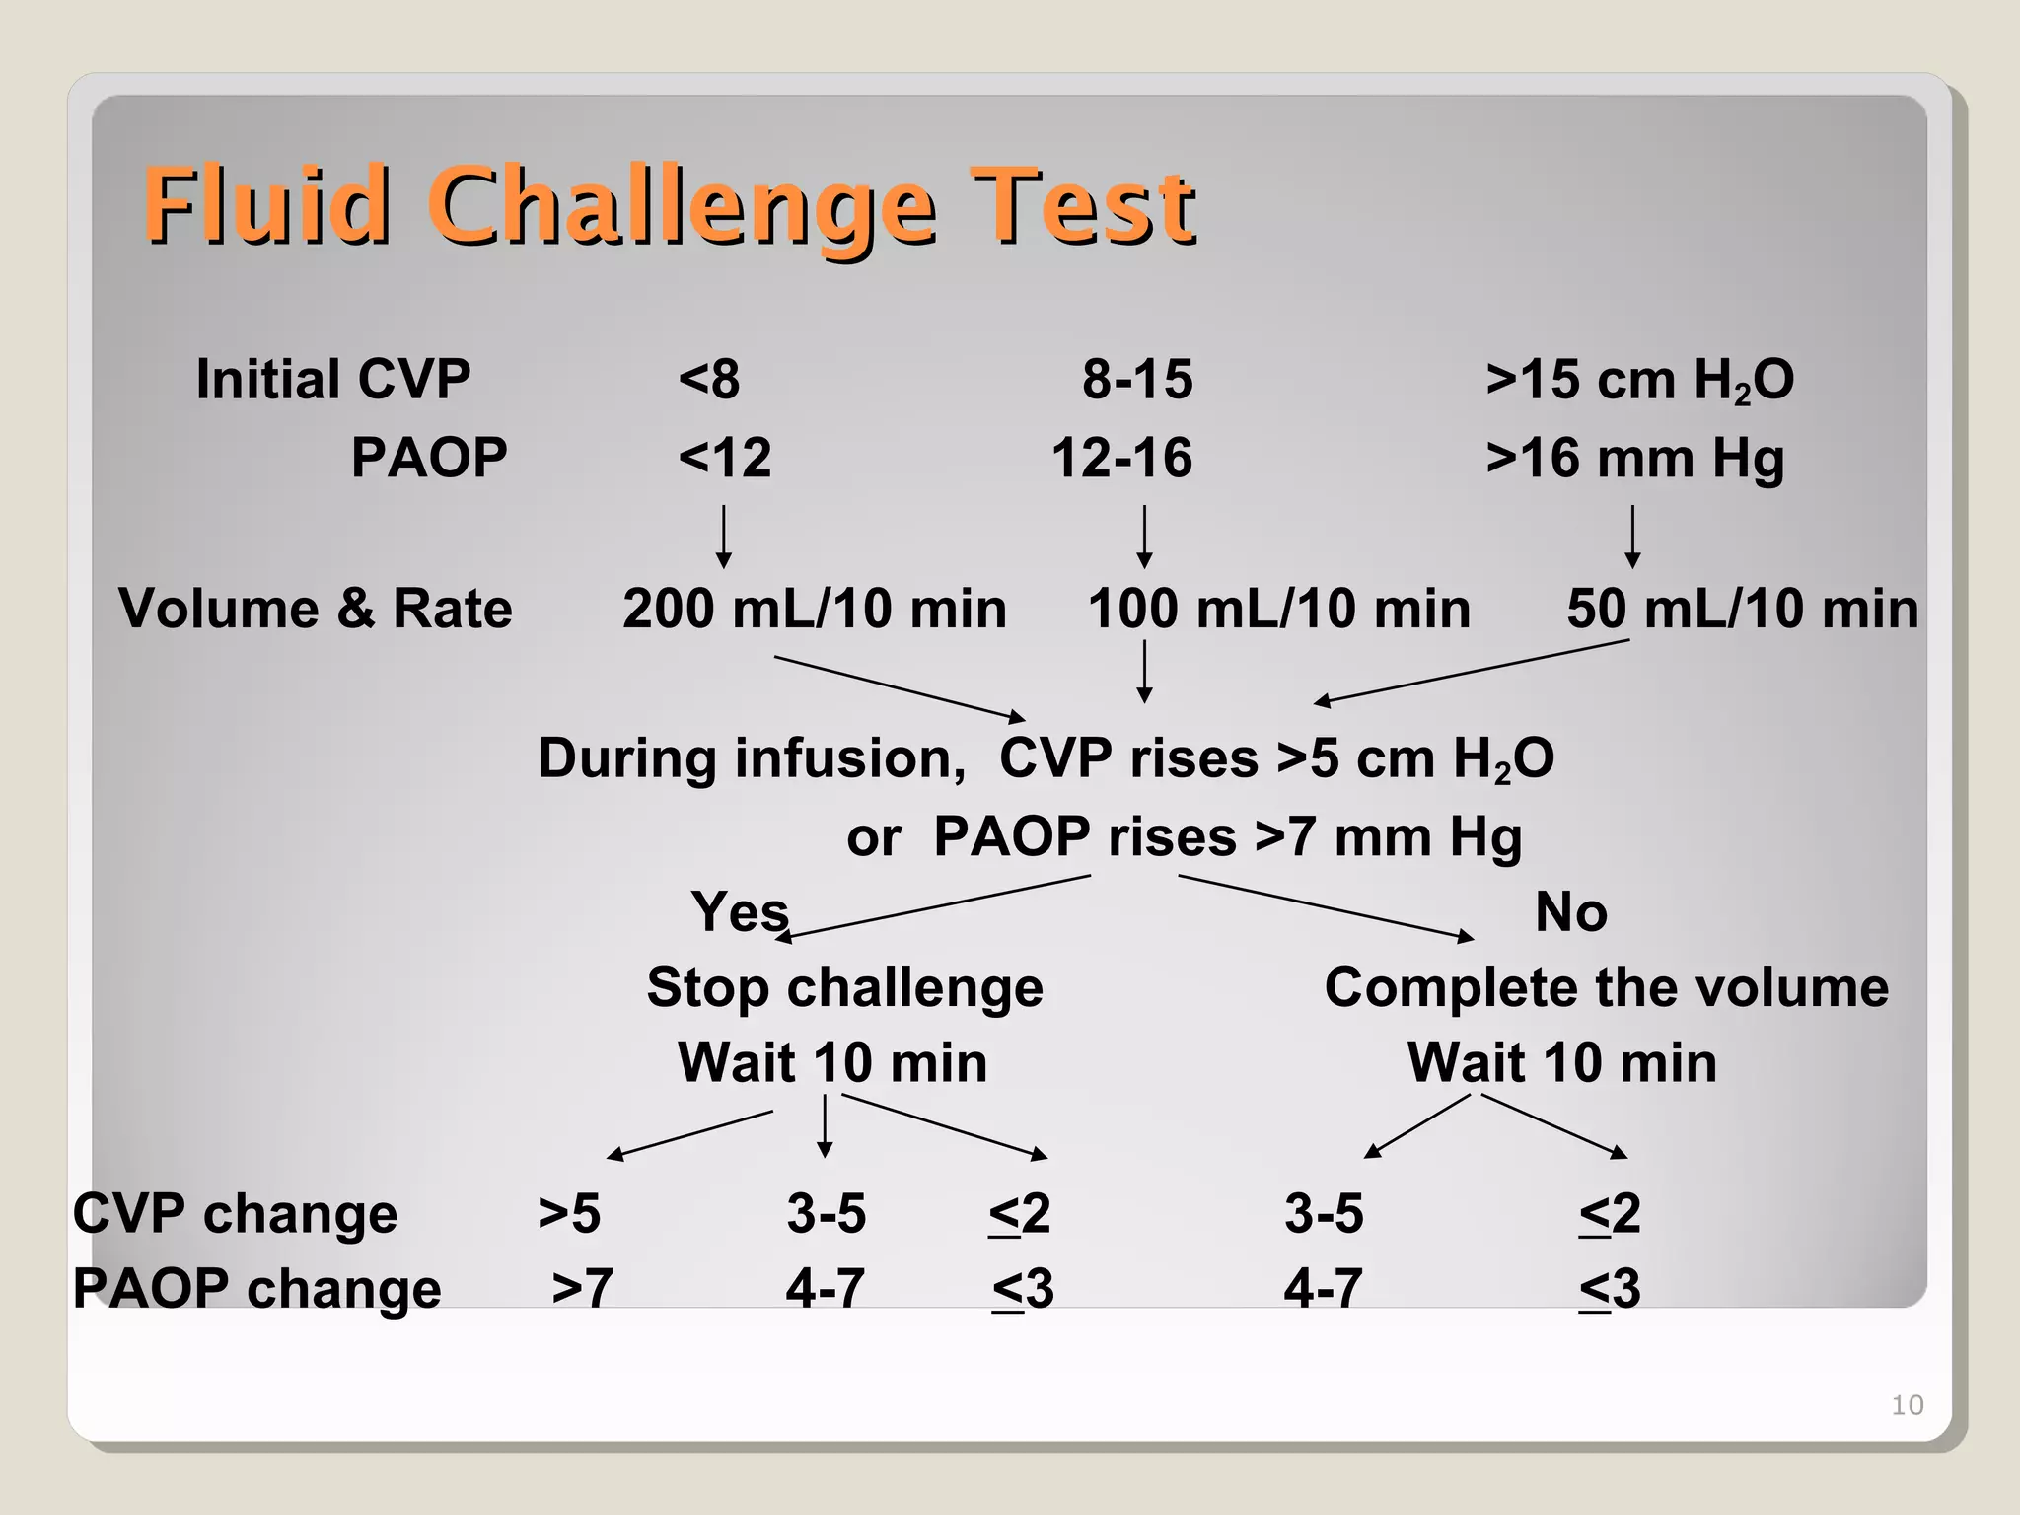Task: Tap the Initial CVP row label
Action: coord(332,380)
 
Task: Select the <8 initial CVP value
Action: coord(708,380)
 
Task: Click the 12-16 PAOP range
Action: coord(1121,459)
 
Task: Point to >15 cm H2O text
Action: coord(1639,380)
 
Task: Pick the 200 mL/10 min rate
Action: coord(814,609)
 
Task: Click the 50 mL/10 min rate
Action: coord(1742,609)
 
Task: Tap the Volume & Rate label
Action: coord(316,609)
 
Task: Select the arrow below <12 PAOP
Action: coord(724,537)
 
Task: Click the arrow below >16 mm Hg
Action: coord(1632,537)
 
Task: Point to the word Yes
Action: coord(739,911)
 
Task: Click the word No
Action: coord(1570,911)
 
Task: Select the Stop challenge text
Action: coord(844,987)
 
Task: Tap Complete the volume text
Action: coord(1606,987)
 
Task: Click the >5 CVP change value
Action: coord(569,1213)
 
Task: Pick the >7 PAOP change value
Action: coord(582,1288)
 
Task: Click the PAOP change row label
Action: coord(256,1288)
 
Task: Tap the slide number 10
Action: coord(1907,1405)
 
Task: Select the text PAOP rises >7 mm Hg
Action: coord(1227,837)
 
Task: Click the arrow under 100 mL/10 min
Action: coord(1144,671)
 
